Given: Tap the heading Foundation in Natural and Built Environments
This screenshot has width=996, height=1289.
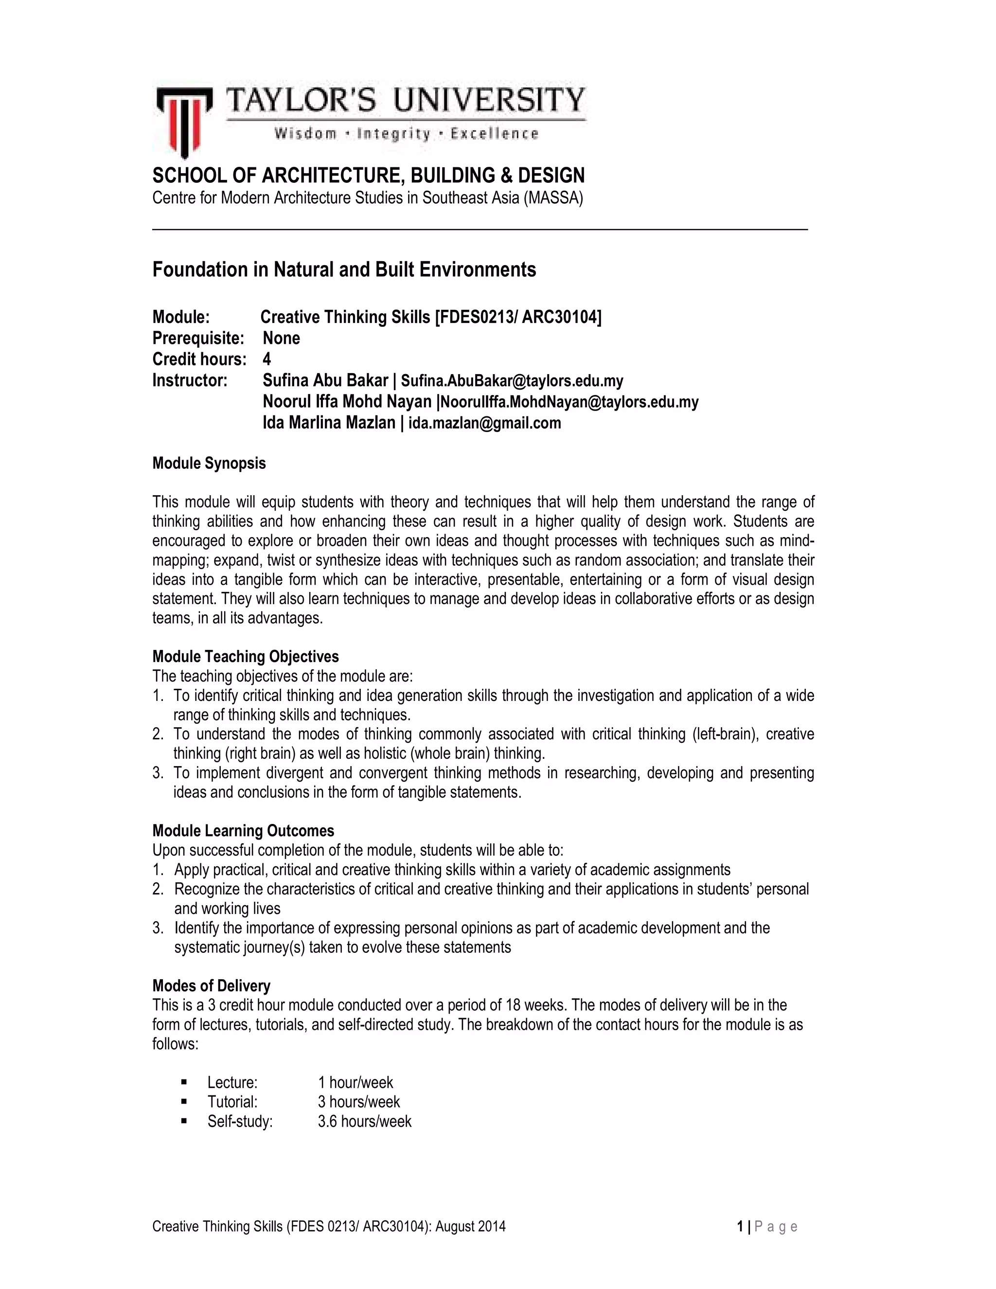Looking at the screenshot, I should click(x=344, y=270).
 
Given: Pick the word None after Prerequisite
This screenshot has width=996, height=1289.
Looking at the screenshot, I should click(x=281, y=338).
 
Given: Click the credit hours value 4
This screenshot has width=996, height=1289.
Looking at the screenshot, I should click(x=267, y=359).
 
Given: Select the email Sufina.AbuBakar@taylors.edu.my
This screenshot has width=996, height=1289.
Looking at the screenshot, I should click(x=512, y=381).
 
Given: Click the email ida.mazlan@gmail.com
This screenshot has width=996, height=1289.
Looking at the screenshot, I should click(x=484, y=423).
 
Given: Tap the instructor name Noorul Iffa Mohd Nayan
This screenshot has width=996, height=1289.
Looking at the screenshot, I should click(x=347, y=402).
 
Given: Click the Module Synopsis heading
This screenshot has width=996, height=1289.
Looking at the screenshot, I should click(x=209, y=463).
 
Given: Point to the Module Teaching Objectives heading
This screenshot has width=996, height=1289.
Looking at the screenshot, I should click(x=246, y=657).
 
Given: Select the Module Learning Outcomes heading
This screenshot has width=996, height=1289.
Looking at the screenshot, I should click(x=243, y=831).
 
